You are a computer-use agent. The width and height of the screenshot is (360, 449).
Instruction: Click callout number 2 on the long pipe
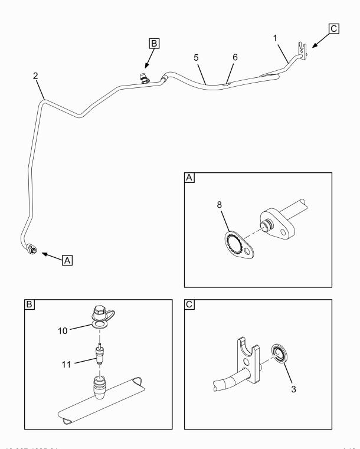tap(36, 77)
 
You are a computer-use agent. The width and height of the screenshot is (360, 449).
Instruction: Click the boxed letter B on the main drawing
tap(154, 43)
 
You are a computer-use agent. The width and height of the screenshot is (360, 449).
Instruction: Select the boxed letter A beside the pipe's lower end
tap(68, 260)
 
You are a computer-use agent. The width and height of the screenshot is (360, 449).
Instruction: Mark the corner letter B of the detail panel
tap(29, 306)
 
